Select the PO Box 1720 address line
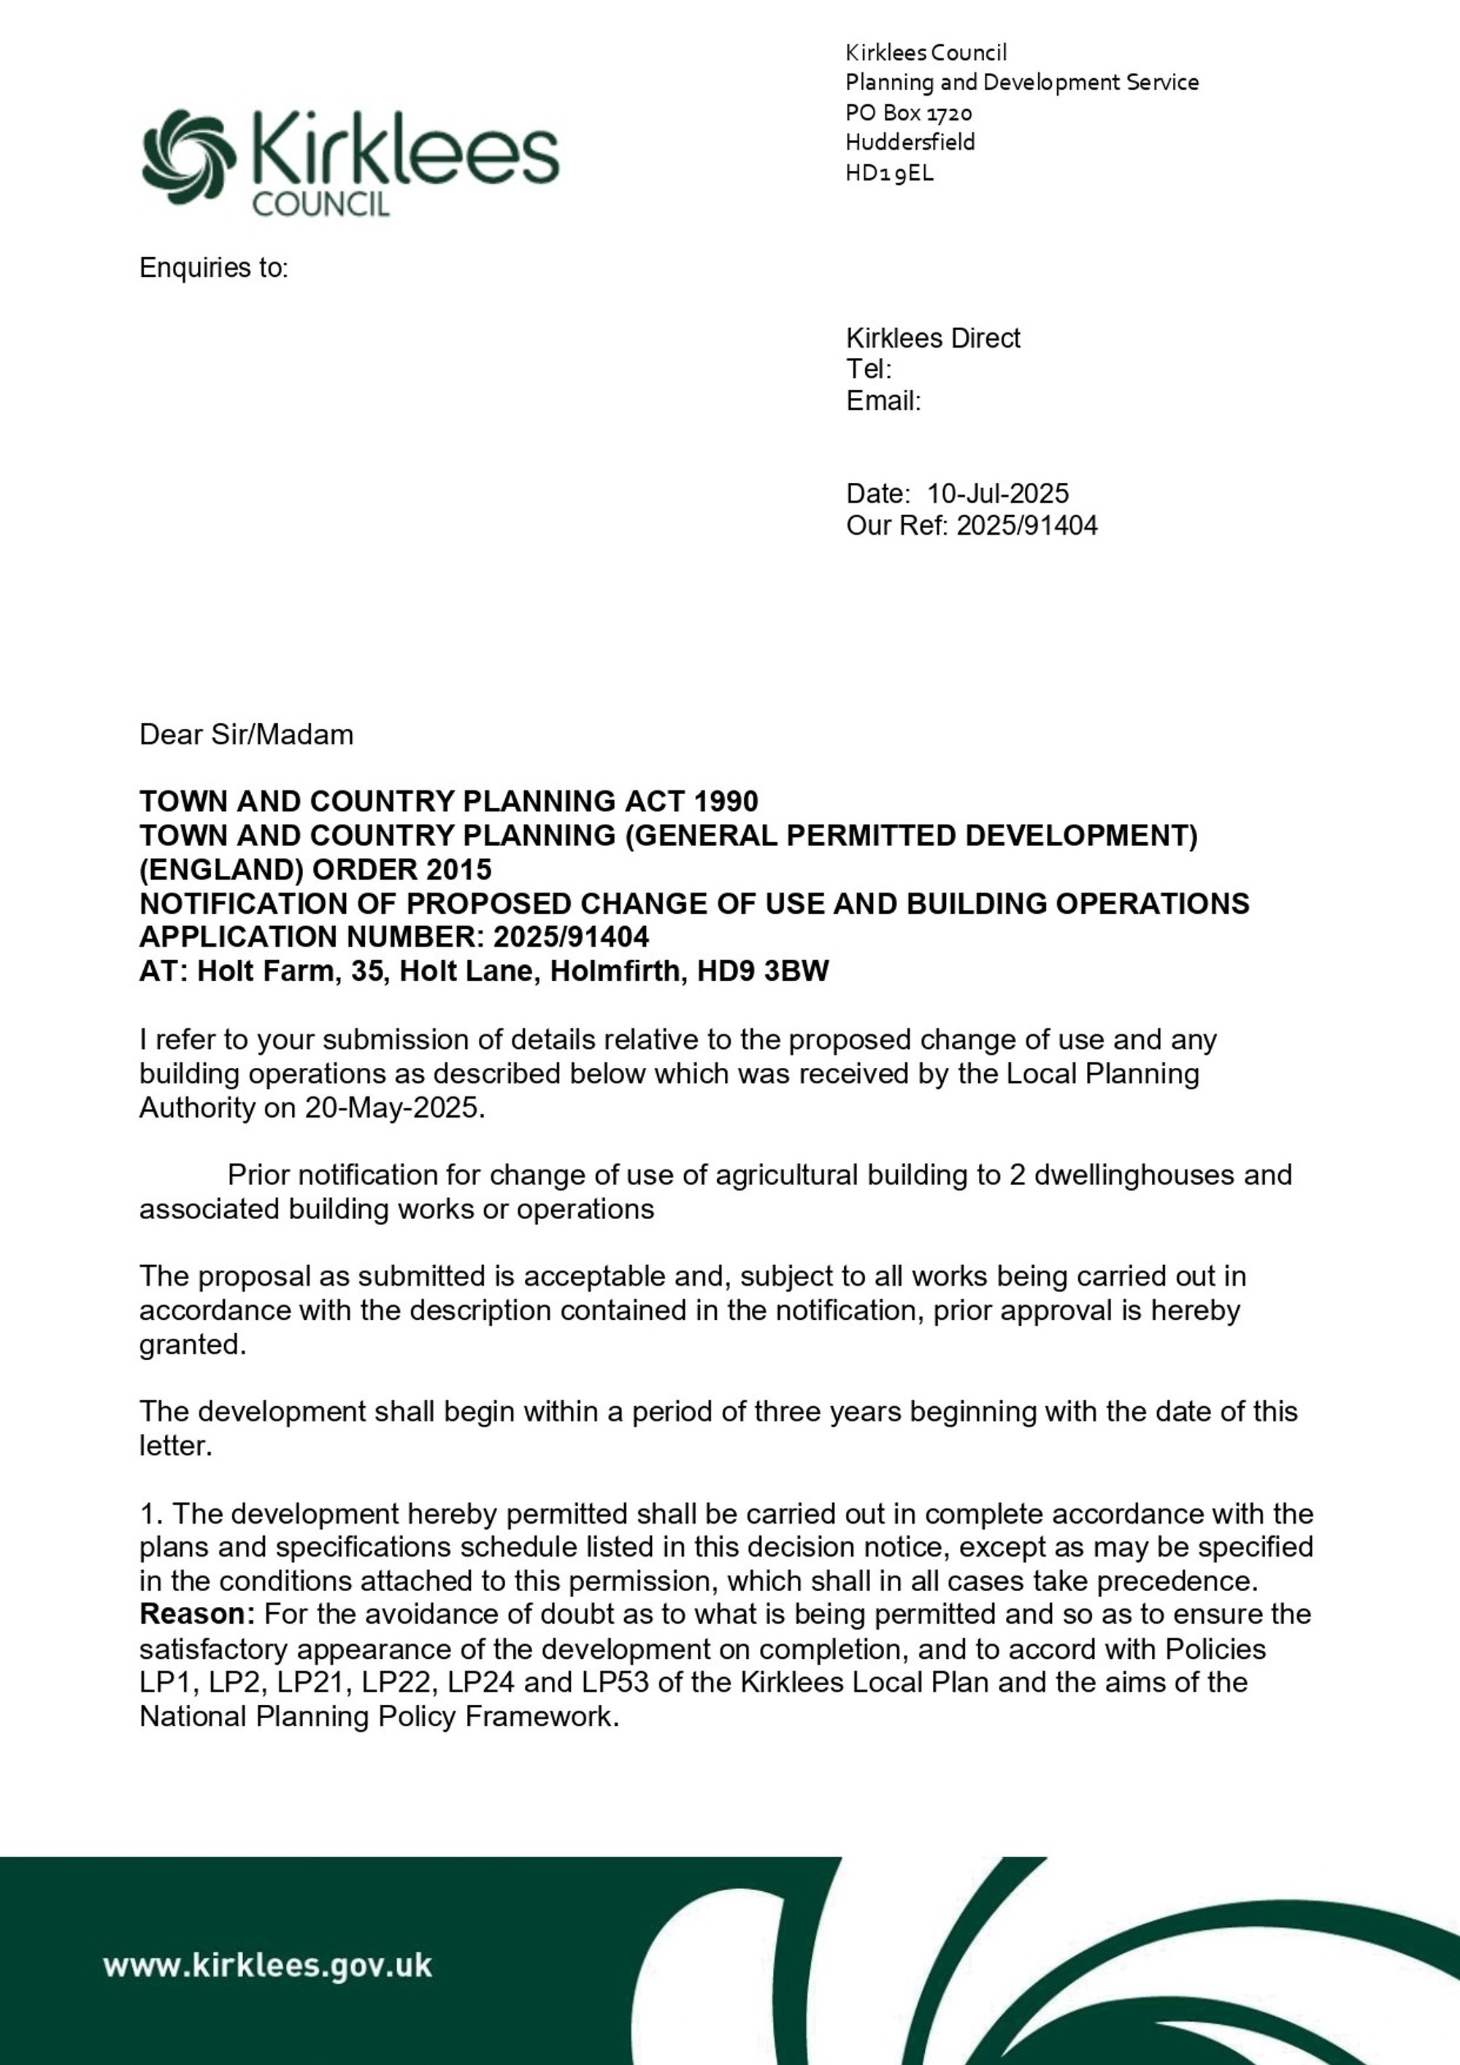pyautogui.click(x=909, y=112)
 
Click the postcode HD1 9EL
pyautogui.click(x=889, y=172)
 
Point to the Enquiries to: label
pyautogui.click(x=213, y=268)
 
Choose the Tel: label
pyautogui.click(x=869, y=370)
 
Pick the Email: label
pyautogui.click(x=883, y=401)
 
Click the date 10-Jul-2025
pyautogui.click(x=998, y=494)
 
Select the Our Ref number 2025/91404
pyautogui.click(x=1026, y=525)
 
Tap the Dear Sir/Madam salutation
pyautogui.click(x=245, y=735)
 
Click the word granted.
pyautogui.click(x=191, y=1345)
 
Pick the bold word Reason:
pyautogui.click(x=198, y=1614)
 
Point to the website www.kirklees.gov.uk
pyautogui.click(x=267, y=1964)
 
